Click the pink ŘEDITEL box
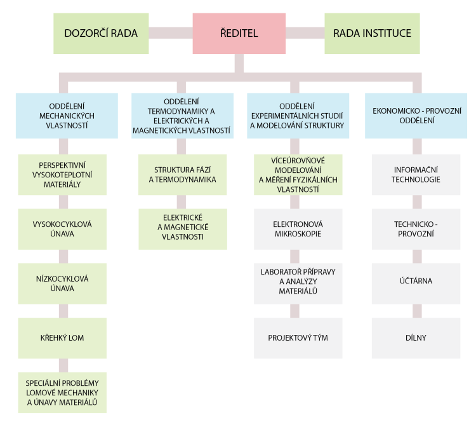tap(238, 32)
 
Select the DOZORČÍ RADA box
tap(101, 32)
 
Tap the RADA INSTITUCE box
tap(372, 32)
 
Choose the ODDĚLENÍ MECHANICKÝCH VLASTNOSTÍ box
tap(67, 116)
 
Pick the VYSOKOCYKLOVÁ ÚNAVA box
tap(62, 229)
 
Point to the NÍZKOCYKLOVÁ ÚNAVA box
tap(62, 283)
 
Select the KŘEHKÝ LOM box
tap(62, 337)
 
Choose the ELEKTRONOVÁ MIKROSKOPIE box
tap(297, 229)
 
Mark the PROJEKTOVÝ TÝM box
tap(297, 337)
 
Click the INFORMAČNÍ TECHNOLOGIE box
tap(416, 175)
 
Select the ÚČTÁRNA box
tap(416, 283)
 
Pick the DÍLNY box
tap(416, 337)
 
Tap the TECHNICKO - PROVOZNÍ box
tap(416, 229)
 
